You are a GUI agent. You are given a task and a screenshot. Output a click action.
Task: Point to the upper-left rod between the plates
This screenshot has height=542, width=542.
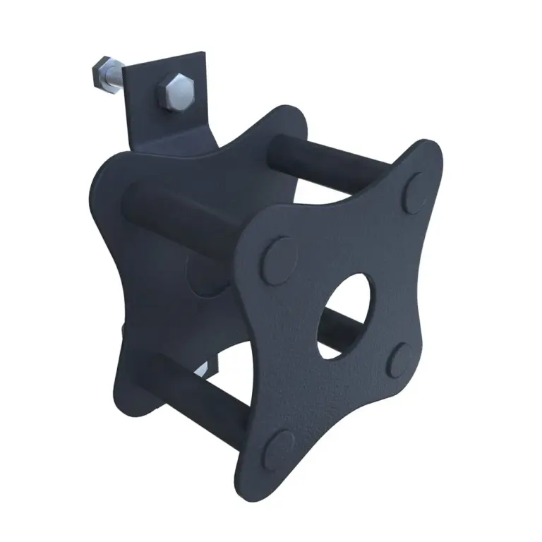tap(176, 212)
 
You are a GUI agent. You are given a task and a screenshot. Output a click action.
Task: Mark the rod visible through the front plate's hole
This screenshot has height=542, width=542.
tap(353, 326)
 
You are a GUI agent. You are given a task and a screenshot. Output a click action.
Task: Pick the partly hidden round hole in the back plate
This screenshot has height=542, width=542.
tap(201, 275)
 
